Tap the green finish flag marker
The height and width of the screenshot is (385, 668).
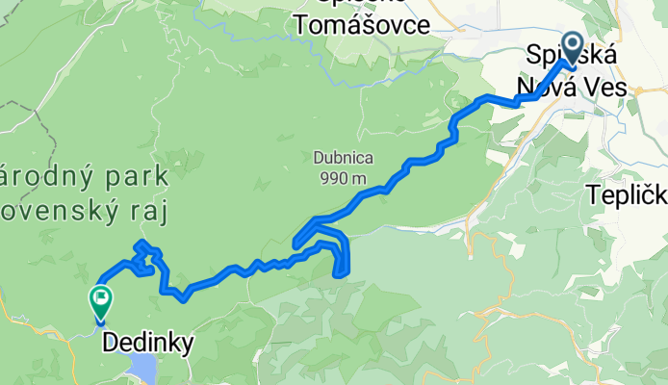(x=100, y=299)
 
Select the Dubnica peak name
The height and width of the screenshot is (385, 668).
(x=343, y=158)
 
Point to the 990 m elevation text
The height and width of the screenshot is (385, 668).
(x=340, y=177)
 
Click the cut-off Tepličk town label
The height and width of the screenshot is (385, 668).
(x=627, y=195)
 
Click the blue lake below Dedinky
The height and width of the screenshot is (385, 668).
(x=141, y=369)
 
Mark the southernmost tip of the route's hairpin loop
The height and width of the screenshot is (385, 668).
(x=339, y=275)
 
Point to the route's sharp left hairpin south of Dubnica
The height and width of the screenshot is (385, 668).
(x=295, y=241)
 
